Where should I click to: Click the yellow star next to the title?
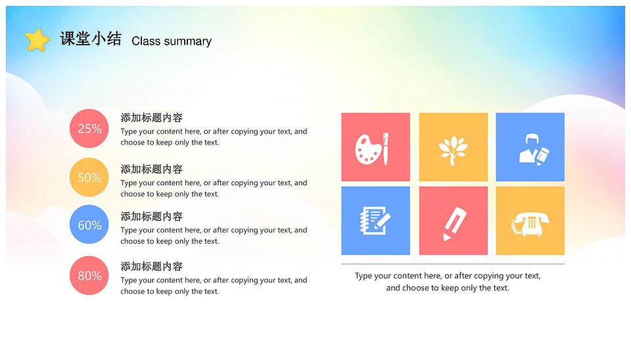37,40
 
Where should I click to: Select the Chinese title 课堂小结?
91,39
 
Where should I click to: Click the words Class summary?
172,41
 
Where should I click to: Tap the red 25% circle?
89,128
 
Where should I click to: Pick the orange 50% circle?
89,177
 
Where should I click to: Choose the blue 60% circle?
89,225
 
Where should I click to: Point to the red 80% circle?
89,275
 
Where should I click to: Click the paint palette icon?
368,149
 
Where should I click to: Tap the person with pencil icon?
534,149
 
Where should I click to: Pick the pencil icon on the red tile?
455,223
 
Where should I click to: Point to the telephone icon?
530,223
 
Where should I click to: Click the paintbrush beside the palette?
386,149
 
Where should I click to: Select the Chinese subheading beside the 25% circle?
152,118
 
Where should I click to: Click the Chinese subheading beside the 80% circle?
152,266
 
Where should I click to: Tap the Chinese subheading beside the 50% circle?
152,169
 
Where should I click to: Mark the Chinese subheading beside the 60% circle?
152,216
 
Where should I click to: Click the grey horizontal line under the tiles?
453,264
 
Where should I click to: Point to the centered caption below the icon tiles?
448,282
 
